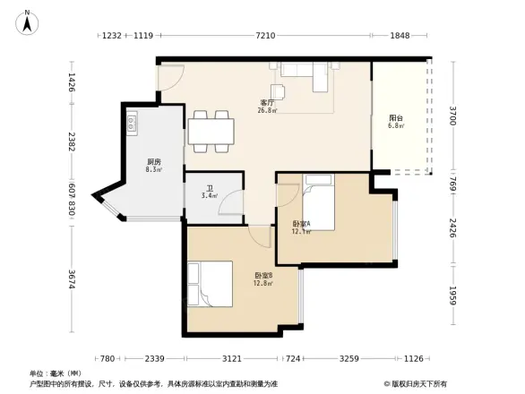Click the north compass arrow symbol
(x=27, y=21)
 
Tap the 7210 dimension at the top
(x=265, y=36)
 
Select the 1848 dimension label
(x=400, y=36)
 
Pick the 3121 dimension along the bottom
(x=231, y=359)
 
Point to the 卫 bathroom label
(x=209, y=189)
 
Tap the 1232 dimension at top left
(x=111, y=36)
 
